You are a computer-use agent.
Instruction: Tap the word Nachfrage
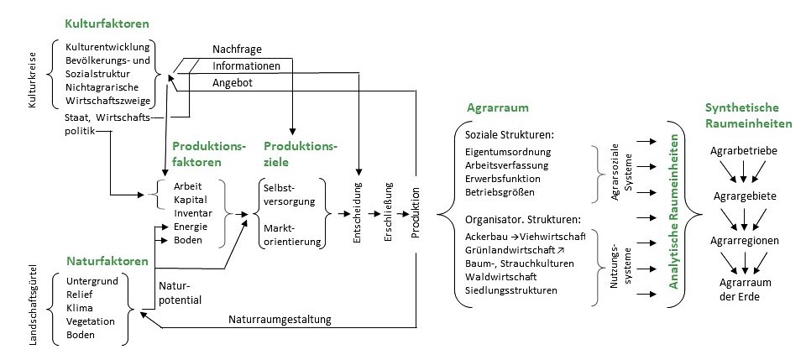pyautogui.click(x=236, y=50)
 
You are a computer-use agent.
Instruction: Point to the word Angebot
pyautogui.click(x=233, y=82)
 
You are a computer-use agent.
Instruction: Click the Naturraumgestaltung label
pyautogui.click(x=280, y=319)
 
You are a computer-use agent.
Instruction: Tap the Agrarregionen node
pyautogui.click(x=743, y=241)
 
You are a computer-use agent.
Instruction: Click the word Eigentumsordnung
pyautogui.click(x=508, y=152)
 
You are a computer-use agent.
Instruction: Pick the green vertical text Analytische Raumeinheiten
pyautogui.click(x=673, y=213)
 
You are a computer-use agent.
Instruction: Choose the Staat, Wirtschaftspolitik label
pyautogui.click(x=107, y=124)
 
